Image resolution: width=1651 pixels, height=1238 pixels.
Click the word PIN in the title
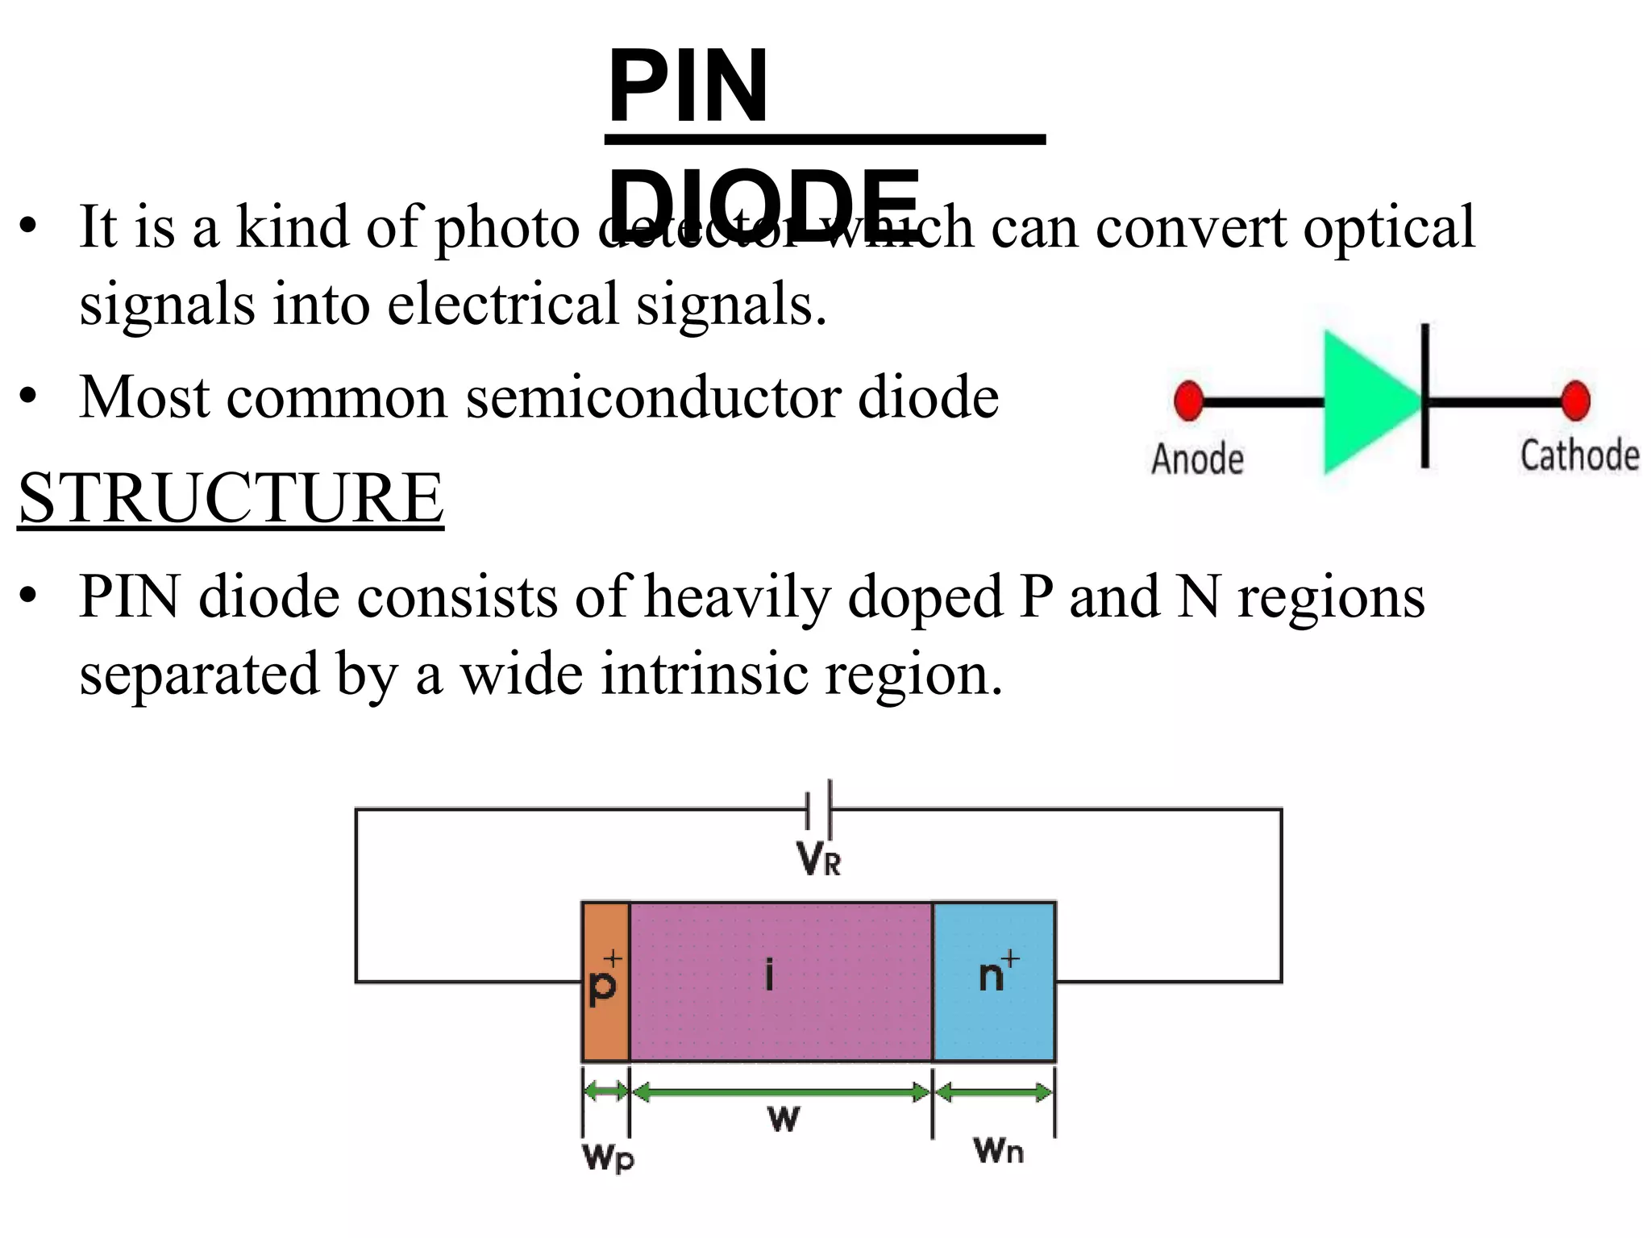688,87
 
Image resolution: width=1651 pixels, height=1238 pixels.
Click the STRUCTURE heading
231,498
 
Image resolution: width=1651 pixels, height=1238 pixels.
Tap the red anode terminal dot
1188,401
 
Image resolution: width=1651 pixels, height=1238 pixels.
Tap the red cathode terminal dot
1574,401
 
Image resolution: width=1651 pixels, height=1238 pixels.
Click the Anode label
1197,459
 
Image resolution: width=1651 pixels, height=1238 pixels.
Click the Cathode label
1579,455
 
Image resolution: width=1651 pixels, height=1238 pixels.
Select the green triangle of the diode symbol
1366,401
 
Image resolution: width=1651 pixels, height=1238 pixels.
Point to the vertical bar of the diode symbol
1424,395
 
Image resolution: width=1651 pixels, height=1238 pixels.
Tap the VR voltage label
818,859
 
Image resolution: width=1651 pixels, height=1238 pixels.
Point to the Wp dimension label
608,1157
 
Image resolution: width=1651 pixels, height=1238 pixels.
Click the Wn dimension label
998,1150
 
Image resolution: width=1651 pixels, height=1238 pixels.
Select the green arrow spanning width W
780,1093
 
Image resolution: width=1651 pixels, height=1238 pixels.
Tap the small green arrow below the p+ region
605,1092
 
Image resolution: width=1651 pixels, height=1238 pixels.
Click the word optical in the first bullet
1389,227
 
